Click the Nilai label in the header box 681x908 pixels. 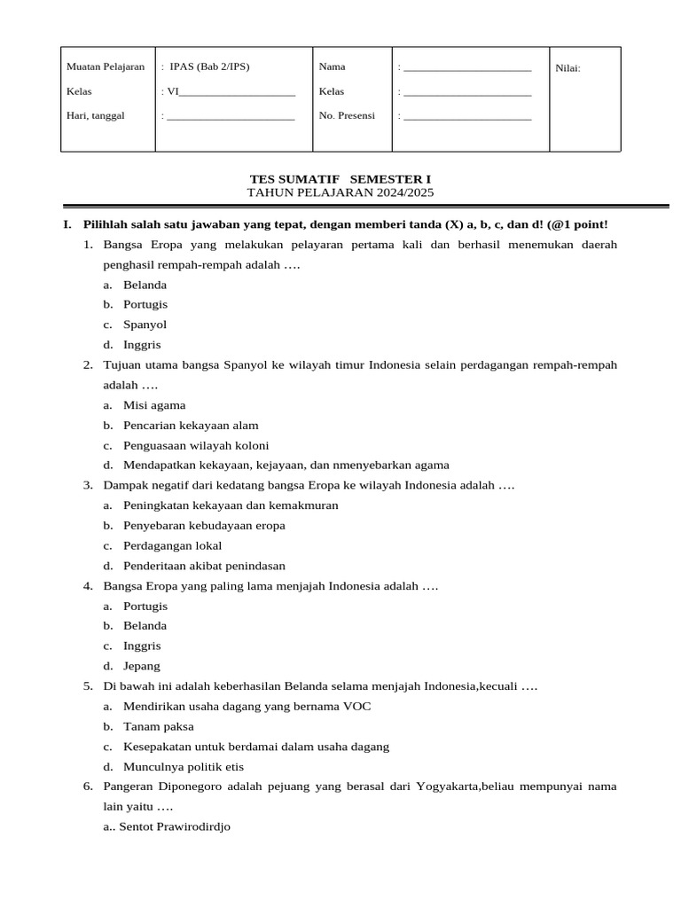567,68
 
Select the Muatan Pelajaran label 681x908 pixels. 106,67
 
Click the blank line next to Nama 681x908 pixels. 467,68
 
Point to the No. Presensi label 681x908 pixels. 347,116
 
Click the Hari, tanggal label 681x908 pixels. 96,116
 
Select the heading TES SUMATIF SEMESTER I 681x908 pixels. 340,179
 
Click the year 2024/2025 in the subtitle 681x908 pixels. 403,192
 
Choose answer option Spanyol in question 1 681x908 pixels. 145,325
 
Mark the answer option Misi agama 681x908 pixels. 154,405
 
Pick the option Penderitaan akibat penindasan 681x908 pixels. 204,566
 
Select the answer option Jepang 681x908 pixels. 142,666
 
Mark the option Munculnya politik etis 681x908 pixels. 184,767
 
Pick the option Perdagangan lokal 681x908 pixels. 172,545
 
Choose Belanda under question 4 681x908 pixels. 145,626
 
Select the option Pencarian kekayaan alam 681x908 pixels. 191,426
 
